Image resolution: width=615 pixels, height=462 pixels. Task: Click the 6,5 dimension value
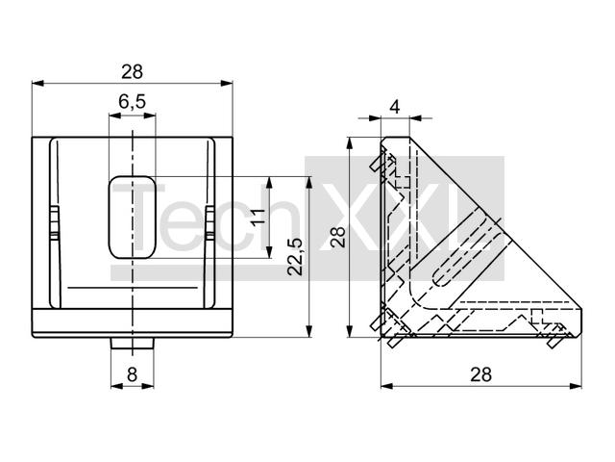click(x=132, y=101)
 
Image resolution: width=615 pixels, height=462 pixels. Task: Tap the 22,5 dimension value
click(x=295, y=257)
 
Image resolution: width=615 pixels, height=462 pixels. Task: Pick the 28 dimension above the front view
click(x=132, y=71)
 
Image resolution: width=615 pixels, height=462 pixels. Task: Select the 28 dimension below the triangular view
click(x=480, y=373)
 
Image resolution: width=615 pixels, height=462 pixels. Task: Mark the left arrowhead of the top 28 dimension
click(x=37, y=84)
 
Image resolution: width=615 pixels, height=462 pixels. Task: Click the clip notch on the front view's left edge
click(x=55, y=221)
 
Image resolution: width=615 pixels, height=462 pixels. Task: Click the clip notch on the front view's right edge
click(x=209, y=221)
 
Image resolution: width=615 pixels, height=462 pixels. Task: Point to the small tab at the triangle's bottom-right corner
click(x=554, y=338)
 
